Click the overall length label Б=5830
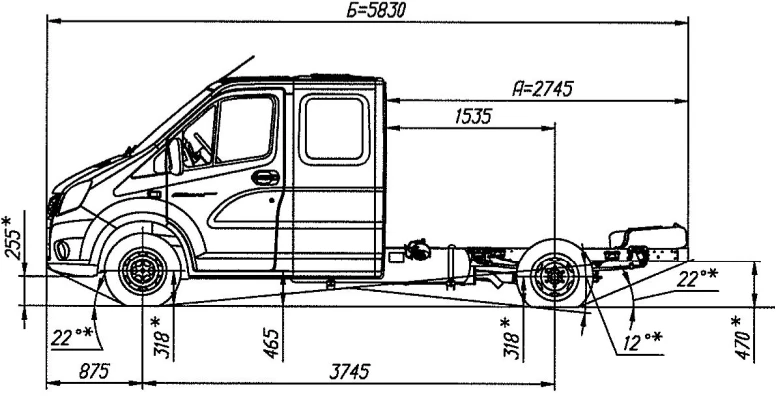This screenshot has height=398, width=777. (376, 10)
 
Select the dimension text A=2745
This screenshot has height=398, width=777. (543, 89)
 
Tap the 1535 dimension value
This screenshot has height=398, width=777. (473, 117)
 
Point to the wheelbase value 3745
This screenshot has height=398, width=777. (350, 371)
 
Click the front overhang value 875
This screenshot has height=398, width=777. (94, 371)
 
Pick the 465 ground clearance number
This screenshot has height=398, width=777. (272, 343)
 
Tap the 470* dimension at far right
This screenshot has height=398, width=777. (742, 338)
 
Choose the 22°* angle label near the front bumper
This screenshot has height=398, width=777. (71, 338)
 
